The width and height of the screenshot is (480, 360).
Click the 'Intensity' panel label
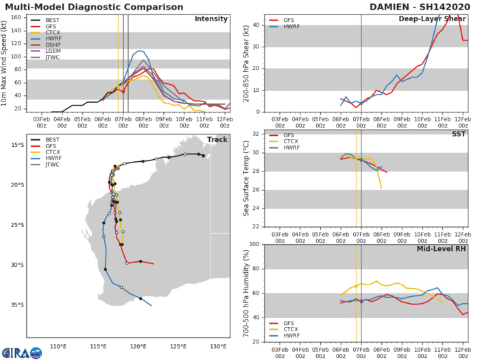(x=211, y=19)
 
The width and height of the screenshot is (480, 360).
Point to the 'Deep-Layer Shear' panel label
(x=435, y=19)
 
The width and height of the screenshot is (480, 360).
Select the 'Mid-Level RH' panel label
(x=442, y=250)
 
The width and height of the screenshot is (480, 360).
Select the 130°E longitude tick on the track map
(x=219, y=345)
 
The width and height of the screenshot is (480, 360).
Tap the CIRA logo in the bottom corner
(x=21, y=352)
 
